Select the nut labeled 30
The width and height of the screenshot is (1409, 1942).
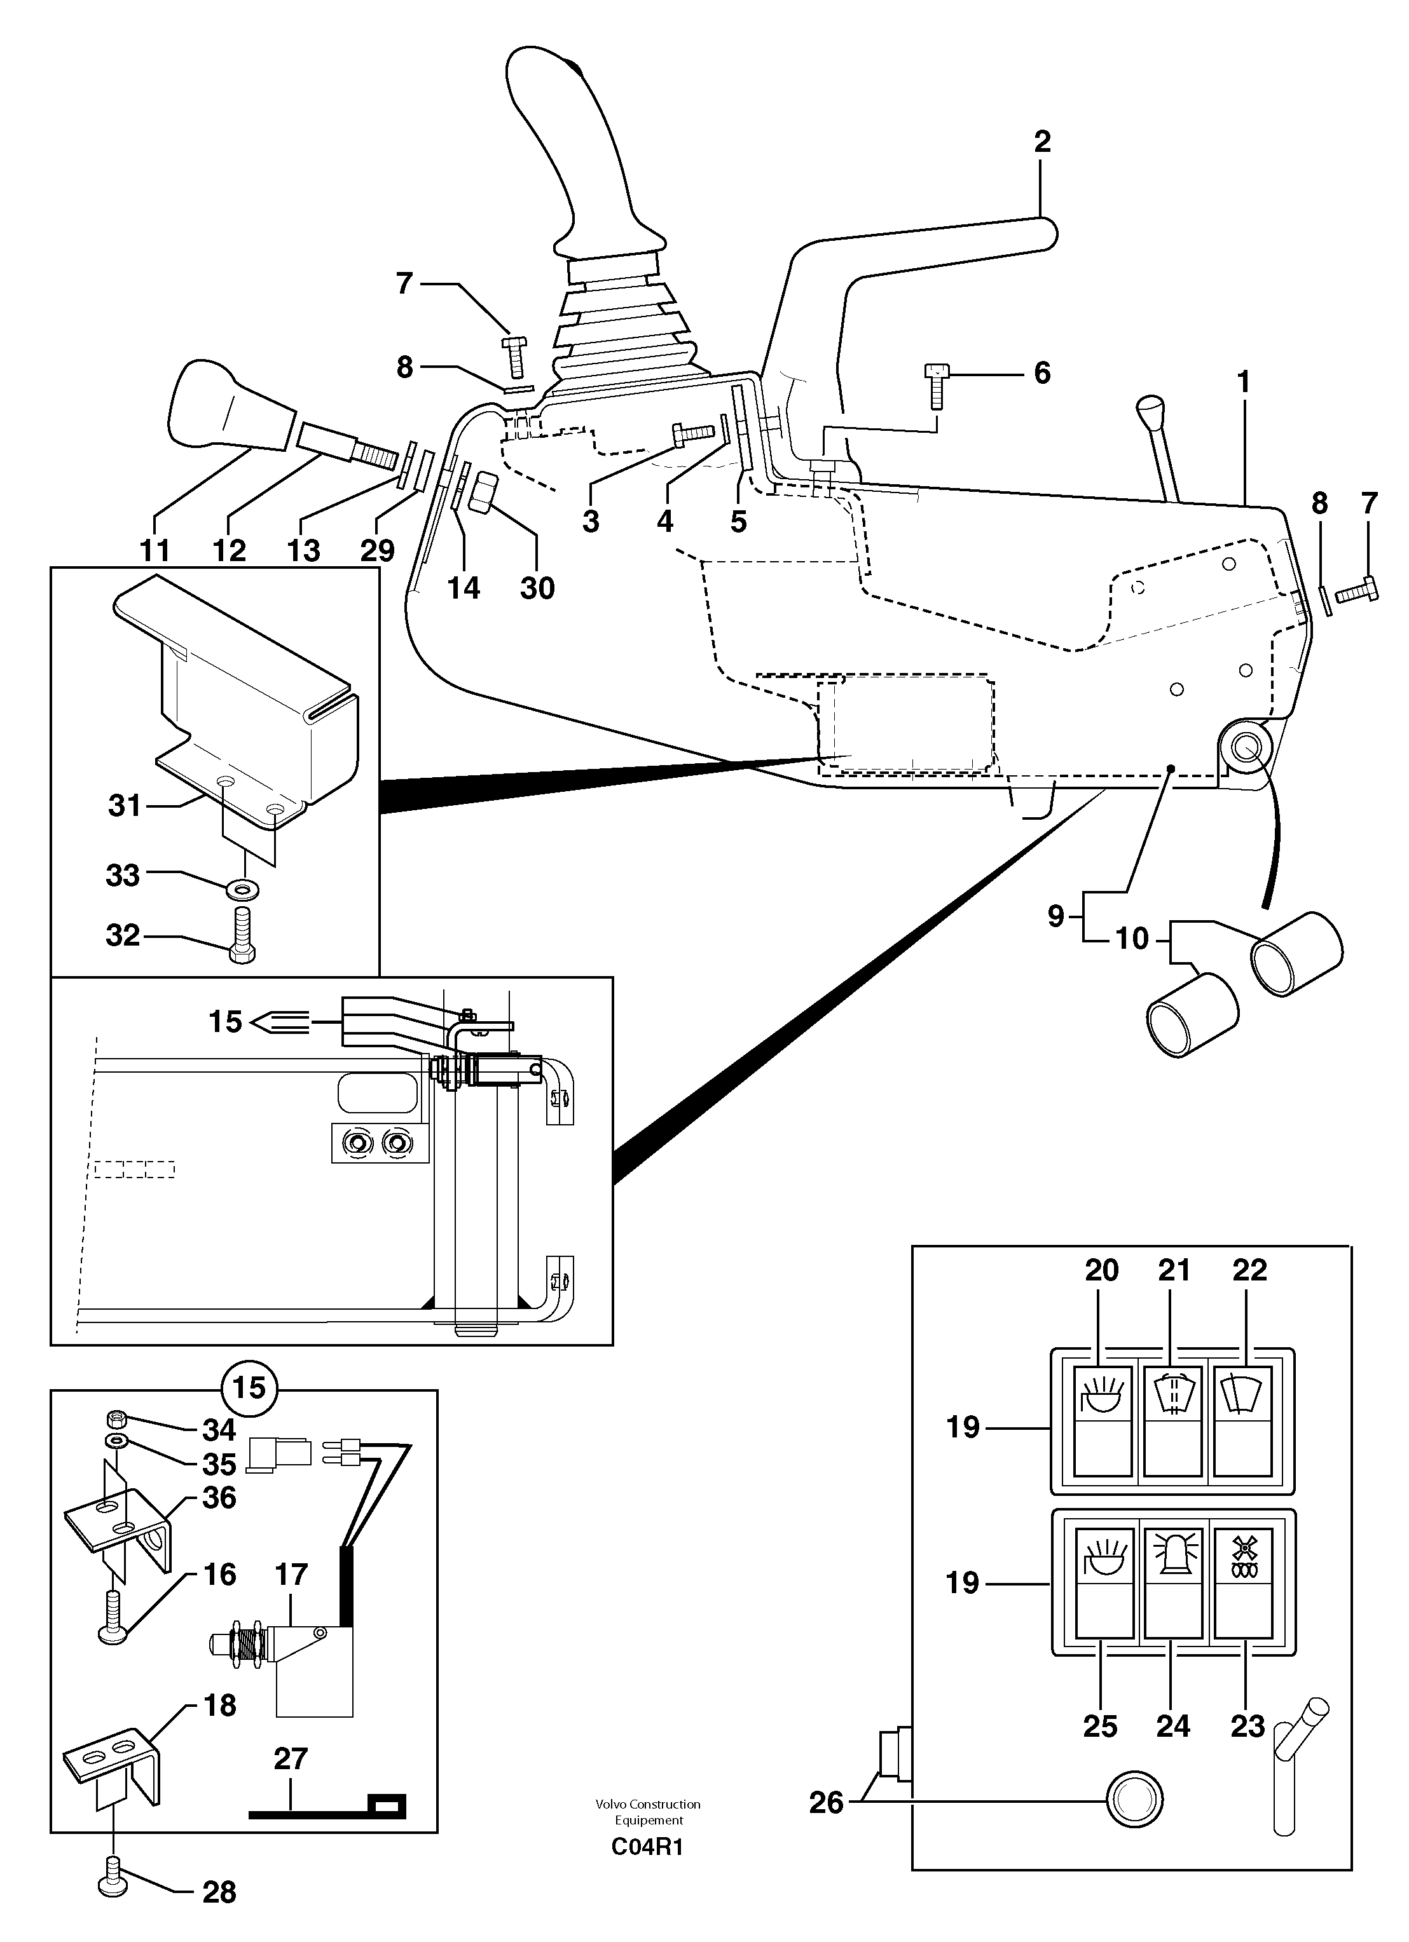point(482,492)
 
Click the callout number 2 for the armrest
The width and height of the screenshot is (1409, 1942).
point(1041,141)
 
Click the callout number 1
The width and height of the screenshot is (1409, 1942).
point(1244,382)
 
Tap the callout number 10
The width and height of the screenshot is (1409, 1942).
point(1132,939)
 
